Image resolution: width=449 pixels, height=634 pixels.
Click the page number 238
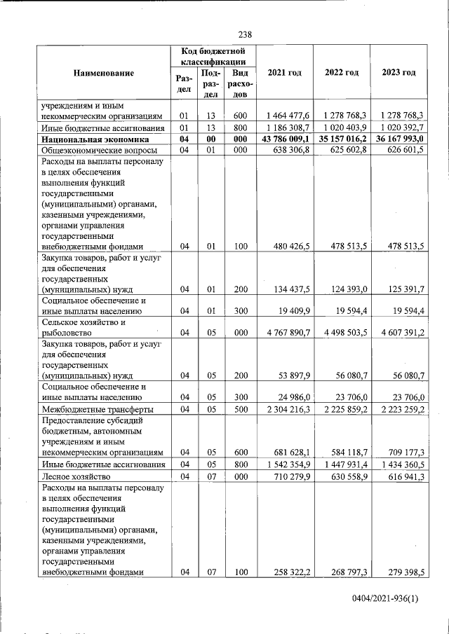[245, 34]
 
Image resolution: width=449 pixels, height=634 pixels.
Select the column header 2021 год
[283, 73]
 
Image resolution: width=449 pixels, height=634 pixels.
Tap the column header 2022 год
[342, 73]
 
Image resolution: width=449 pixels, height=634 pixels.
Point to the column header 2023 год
[398, 73]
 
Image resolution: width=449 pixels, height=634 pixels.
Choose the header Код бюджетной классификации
[213, 56]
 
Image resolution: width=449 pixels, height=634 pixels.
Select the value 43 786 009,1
[283, 139]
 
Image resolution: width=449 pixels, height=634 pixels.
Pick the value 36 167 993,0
[398, 139]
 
